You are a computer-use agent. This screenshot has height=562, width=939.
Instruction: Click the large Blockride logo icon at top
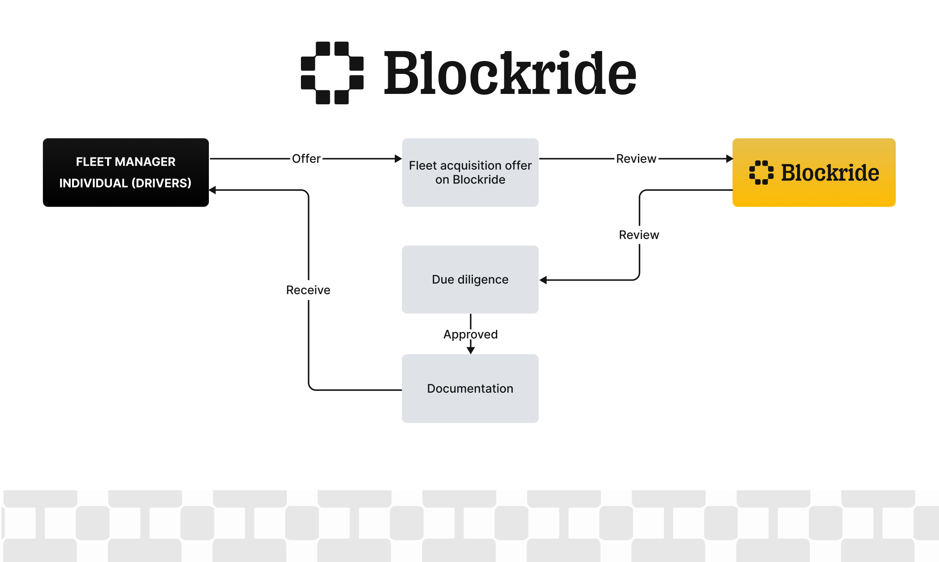click(x=332, y=73)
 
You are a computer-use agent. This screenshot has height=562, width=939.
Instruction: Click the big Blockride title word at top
click(x=510, y=74)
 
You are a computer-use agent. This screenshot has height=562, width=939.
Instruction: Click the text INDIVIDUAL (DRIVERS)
click(x=125, y=183)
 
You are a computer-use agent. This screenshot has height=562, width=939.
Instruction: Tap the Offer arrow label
click(x=306, y=159)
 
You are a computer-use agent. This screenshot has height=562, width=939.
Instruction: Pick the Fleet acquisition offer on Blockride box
click(x=470, y=172)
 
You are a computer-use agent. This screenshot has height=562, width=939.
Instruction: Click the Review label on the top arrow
click(x=636, y=159)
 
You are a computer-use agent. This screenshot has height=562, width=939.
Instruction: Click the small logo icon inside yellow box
click(x=761, y=173)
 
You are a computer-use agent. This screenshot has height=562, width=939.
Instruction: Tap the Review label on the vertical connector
click(x=639, y=235)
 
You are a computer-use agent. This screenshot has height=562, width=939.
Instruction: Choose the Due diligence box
click(x=470, y=280)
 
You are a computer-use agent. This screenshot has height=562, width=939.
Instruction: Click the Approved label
click(x=470, y=334)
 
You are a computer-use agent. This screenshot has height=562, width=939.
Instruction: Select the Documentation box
click(x=470, y=389)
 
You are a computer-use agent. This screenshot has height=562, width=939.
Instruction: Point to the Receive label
click(x=308, y=290)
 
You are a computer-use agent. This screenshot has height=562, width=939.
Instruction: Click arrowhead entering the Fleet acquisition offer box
click(x=398, y=159)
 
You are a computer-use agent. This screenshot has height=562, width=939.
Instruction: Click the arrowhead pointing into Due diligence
click(x=543, y=280)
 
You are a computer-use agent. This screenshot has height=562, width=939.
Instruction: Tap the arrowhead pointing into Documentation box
click(x=471, y=351)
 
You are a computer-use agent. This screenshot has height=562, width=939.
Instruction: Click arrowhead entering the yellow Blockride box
click(x=729, y=159)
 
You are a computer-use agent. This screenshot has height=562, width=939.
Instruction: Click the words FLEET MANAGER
click(x=125, y=162)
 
